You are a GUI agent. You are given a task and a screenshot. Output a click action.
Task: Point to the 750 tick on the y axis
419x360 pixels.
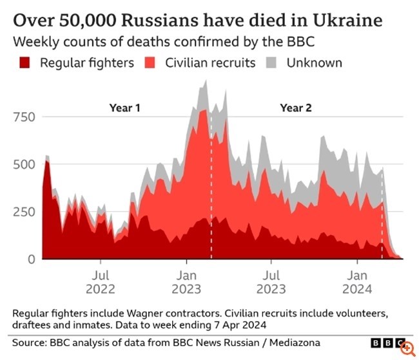tap(25, 117)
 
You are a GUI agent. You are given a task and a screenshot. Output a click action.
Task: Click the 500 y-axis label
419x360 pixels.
tap(25, 164)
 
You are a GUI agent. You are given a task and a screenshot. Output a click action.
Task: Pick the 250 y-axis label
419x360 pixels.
tap(25, 211)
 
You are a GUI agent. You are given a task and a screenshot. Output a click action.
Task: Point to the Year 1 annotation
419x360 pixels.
tap(124, 108)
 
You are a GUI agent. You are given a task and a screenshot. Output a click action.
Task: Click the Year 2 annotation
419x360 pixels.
tap(296, 108)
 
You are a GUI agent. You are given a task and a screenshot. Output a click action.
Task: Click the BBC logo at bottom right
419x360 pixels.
tap(385, 343)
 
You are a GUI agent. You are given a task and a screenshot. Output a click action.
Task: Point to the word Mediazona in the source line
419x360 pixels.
tap(289, 343)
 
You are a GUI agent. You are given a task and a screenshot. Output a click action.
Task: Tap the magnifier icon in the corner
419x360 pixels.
tap(407, 348)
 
